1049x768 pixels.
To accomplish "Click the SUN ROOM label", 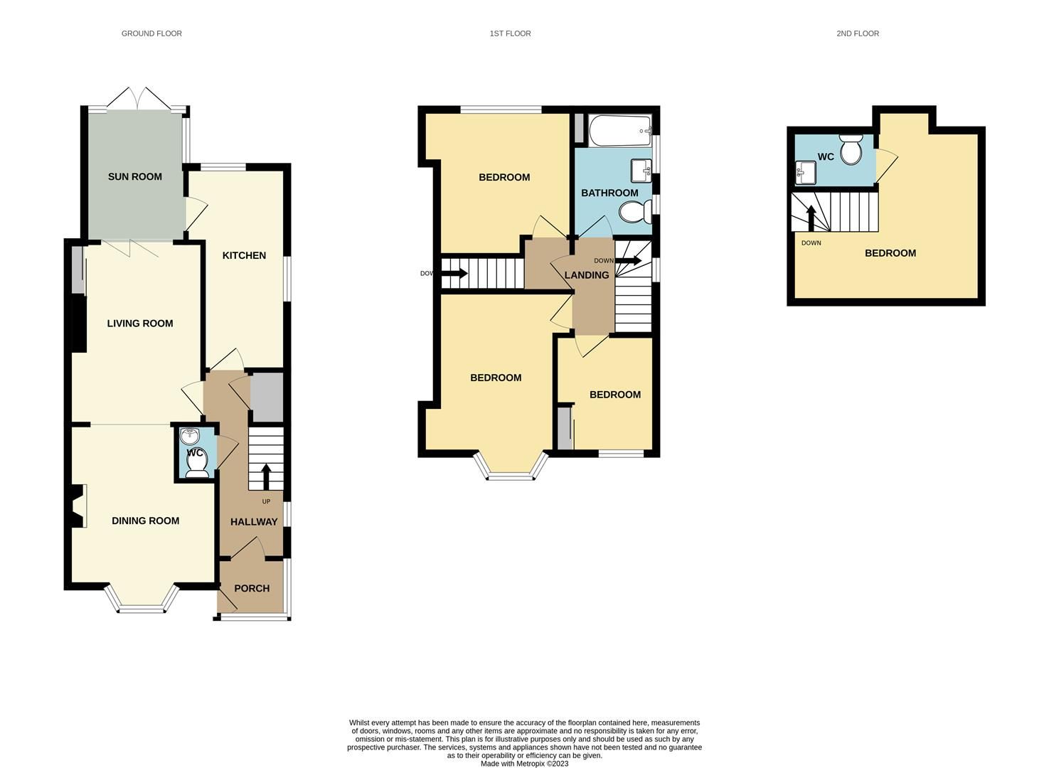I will (135, 177).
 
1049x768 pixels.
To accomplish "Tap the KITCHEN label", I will (244, 255).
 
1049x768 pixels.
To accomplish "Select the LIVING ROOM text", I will (140, 324).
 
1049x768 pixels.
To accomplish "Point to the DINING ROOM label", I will (145, 521).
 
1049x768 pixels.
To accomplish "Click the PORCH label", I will (252, 589).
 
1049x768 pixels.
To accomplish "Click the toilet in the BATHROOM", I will (634, 212).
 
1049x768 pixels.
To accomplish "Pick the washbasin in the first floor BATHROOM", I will (641, 171).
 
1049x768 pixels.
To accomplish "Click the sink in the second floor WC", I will (806, 172).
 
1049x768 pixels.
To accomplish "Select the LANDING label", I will (587, 275).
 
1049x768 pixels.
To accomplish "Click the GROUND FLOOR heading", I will (151, 33).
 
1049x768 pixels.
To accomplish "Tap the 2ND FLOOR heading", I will (858, 33).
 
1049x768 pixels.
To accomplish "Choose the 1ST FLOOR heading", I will (510, 33).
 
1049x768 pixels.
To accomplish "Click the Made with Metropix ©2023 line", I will (524, 764).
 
